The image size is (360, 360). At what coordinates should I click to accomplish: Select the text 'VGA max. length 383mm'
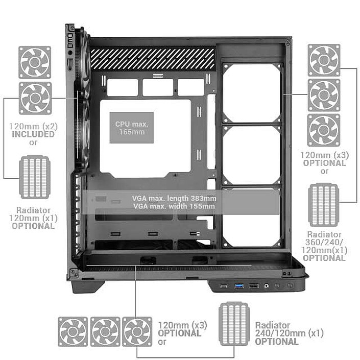[x=174, y=198]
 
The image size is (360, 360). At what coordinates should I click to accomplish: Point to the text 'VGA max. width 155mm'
[x=174, y=206]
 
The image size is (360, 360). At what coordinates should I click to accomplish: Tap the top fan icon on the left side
[x=35, y=62]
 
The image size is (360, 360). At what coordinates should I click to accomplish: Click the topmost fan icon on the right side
[x=324, y=60]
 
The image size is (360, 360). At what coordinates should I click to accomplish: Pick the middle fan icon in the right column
[x=324, y=95]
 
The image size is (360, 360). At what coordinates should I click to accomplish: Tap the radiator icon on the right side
[x=324, y=205]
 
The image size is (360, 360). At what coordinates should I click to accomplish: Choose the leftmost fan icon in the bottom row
[x=73, y=332]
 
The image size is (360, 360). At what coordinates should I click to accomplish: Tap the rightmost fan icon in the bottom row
[x=137, y=332]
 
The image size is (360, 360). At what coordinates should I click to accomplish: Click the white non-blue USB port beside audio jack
[x=254, y=286]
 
